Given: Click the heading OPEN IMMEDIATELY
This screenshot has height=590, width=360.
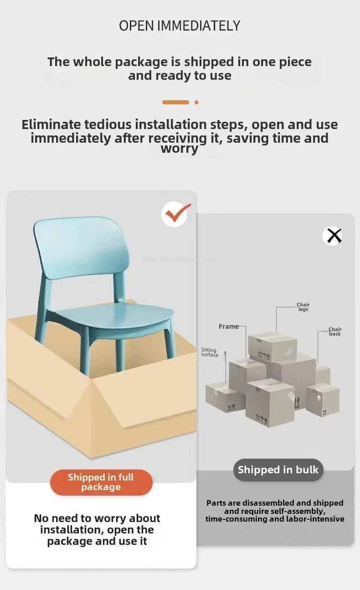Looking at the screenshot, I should (180, 26).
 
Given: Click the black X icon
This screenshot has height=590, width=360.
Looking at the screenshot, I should (334, 236).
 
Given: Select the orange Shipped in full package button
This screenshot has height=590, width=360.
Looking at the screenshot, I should (101, 482).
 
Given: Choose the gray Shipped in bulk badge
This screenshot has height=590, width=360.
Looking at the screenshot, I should (278, 470).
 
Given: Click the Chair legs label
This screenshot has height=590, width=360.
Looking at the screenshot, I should (303, 307).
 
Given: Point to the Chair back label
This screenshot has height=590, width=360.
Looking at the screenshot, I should (335, 331).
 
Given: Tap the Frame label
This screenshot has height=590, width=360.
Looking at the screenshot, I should (228, 326).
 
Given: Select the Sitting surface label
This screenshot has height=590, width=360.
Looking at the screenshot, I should (210, 352).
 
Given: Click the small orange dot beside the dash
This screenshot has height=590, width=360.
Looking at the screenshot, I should (196, 103).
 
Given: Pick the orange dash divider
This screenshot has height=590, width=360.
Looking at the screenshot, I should (175, 103).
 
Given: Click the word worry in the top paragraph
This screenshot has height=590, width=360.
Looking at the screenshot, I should (180, 149).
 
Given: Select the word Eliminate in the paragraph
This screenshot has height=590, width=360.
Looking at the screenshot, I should (51, 124).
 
